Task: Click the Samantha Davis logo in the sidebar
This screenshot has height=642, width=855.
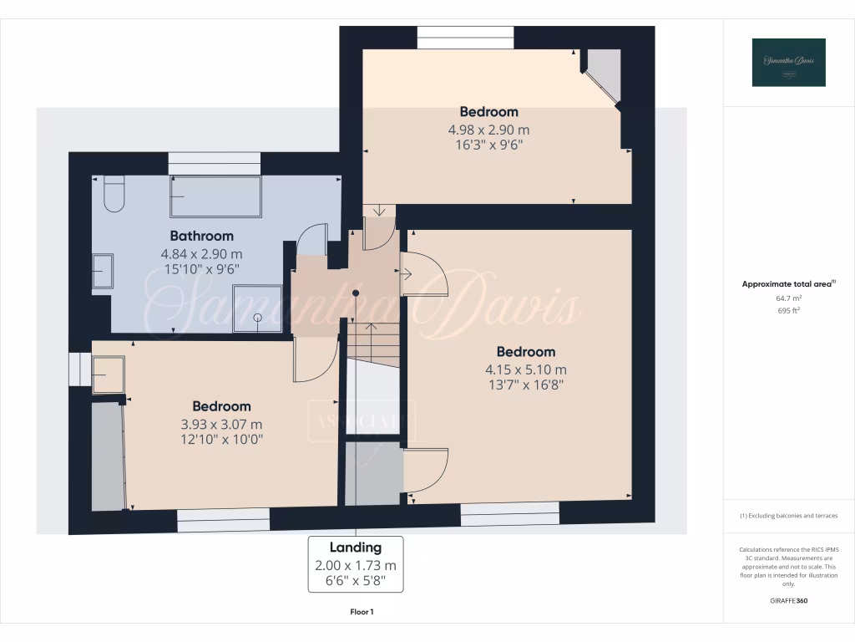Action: coord(788,63)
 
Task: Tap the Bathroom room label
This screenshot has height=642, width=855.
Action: coord(202,236)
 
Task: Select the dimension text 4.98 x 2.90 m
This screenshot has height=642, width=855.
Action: coord(488,130)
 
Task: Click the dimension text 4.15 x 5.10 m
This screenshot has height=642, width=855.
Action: coord(525,369)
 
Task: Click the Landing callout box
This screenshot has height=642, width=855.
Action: coord(356,564)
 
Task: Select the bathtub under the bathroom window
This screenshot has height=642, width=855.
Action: coord(215,197)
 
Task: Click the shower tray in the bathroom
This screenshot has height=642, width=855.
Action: coord(257,306)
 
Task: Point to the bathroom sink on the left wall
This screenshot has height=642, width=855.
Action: coord(103,271)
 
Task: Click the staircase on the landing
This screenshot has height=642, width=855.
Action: coord(372,343)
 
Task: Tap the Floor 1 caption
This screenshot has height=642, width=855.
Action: coord(362,612)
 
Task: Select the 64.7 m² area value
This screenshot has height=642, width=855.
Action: coord(788,298)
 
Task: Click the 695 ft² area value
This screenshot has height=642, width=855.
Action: coord(788,310)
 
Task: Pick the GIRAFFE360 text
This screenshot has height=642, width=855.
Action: coord(789,601)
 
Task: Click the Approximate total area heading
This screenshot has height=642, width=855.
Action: coord(788,284)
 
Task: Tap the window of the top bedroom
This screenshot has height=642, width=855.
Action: coord(465,38)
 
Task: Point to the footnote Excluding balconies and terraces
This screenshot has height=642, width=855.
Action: coord(788,516)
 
